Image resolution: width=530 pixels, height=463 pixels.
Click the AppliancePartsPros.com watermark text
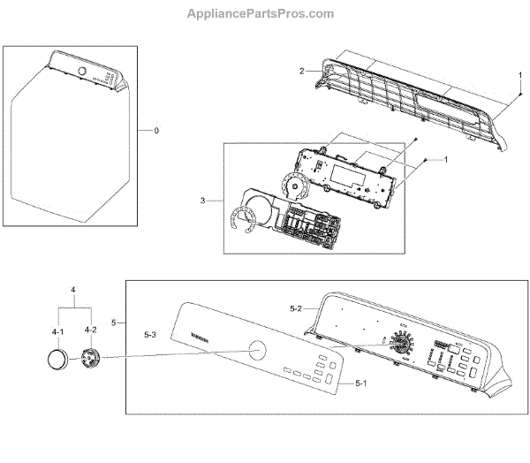click(261, 14)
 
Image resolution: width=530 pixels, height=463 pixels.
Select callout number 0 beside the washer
click(156, 131)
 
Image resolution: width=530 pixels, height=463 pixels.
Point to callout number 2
click(301, 71)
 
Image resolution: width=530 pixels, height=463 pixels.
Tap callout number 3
click(202, 201)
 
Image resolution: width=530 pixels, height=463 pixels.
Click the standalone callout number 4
click(74, 290)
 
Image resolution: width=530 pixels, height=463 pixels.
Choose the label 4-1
click(58, 330)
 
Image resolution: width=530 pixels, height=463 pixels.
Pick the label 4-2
click(90, 330)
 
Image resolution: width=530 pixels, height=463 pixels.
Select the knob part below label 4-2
click(90, 360)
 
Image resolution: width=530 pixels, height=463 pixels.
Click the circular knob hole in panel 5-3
click(258, 350)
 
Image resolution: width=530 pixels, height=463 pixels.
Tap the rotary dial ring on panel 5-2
click(403, 344)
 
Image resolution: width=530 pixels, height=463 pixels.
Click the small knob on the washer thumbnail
click(83, 72)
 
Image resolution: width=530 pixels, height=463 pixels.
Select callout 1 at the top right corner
click(519, 74)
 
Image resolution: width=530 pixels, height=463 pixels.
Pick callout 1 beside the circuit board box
click(446, 159)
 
